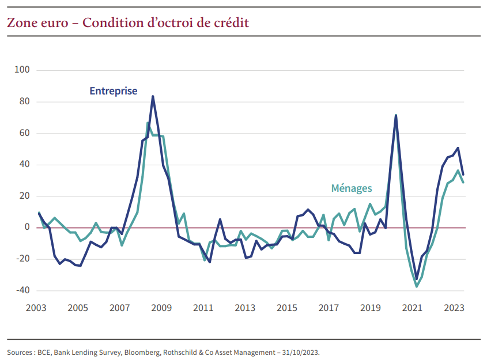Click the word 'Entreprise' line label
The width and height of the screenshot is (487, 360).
(x=113, y=91)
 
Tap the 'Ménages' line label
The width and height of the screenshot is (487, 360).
(x=352, y=188)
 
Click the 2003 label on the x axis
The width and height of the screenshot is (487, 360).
(x=36, y=308)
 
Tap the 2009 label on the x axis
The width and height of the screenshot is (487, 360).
(x=161, y=308)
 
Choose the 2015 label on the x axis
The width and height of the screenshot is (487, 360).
(x=286, y=308)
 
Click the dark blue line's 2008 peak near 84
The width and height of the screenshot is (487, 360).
(x=153, y=96)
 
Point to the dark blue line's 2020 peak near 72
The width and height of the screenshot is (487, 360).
(x=396, y=115)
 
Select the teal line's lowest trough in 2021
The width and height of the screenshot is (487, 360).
(x=417, y=286)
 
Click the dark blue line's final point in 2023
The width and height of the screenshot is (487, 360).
(x=463, y=174)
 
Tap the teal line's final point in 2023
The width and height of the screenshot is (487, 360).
(x=463, y=182)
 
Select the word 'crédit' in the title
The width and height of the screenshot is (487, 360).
(x=231, y=23)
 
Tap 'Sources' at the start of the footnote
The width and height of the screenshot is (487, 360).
(x=20, y=351)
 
